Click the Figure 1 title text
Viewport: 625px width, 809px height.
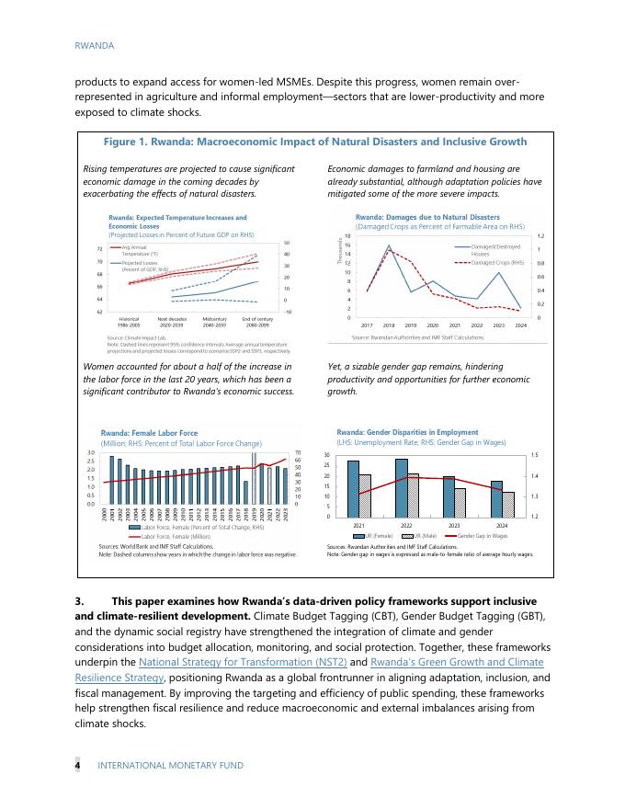tap(316, 142)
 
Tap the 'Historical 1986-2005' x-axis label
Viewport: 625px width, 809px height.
tap(129, 322)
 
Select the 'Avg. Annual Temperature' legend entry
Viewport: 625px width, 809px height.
tap(140, 250)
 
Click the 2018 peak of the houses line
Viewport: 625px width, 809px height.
tap(389, 246)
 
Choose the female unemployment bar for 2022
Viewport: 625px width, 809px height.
tap(402, 486)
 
